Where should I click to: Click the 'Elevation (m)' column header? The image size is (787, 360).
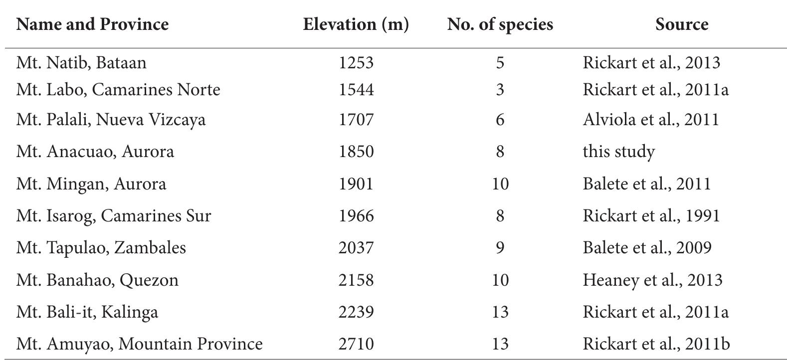(356, 24)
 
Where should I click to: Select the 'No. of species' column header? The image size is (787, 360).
(500, 24)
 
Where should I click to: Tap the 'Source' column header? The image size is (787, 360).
(682, 24)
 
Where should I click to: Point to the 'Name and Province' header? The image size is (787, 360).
(92, 24)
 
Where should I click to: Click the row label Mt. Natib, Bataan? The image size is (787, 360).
(81, 63)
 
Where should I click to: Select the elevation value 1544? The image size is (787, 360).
(356, 90)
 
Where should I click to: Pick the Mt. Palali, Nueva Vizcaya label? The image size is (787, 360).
(111, 120)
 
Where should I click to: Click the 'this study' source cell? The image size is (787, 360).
(618, 152)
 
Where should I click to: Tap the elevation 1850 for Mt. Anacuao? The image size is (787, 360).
(356, 152)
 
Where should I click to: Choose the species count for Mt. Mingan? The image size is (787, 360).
(500, 184)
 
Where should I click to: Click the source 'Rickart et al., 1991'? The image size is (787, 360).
(651, 216)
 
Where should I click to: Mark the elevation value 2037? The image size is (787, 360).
(356, 248)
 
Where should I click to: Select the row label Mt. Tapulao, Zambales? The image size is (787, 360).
(101, 248)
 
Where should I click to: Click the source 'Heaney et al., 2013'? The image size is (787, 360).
(652, 280)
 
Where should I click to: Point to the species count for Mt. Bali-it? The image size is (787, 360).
(500, 312)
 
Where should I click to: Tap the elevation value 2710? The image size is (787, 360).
(356, 344)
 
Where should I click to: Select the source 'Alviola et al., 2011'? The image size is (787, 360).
(650, 120)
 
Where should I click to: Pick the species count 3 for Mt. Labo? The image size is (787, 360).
(500, 90)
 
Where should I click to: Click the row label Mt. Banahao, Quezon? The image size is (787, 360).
(97, 280)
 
